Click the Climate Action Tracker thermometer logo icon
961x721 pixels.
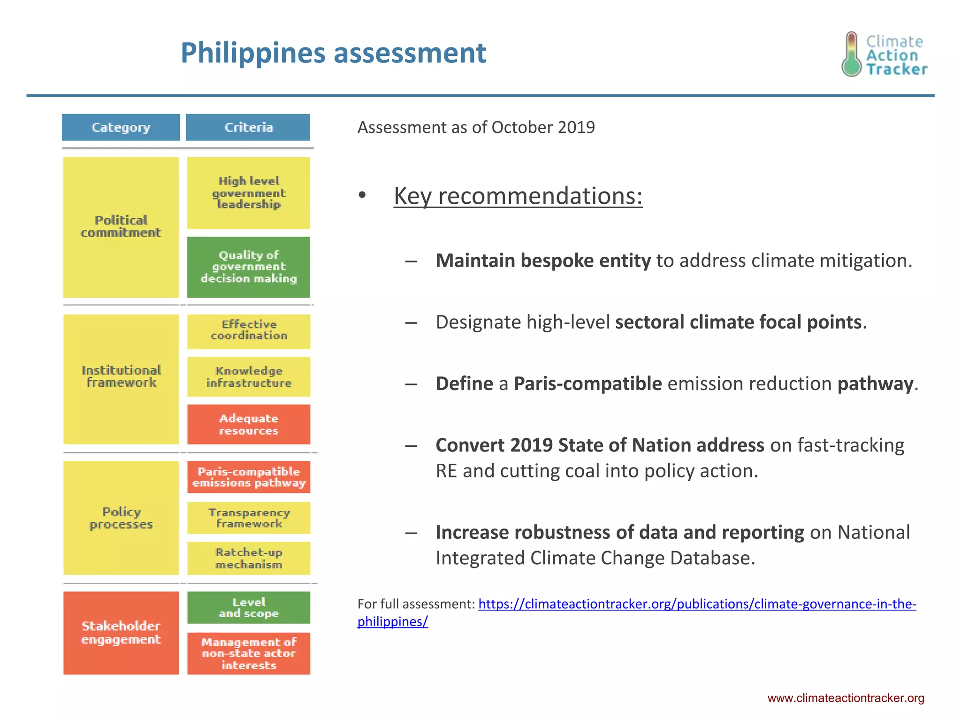tap(851, 54)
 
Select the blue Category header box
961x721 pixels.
tap(121, 127)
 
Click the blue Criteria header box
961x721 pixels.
tap(248, 127)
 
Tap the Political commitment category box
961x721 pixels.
tap(121, 227)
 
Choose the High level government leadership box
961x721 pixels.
tap(248, 193)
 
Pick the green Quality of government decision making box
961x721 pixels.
tap(248, 267)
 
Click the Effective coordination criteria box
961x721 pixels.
tap(248, 330)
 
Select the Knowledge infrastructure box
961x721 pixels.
tap(248, 376)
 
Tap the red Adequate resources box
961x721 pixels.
tap(248, 424)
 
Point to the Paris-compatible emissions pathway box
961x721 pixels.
tap(248, 477)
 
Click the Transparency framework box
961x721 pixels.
tap(248, 518)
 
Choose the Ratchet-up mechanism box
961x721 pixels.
tap(248, 558)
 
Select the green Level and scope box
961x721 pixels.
tap(248, 607)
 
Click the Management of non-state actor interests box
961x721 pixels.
tap(248, 653)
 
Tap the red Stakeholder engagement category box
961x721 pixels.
tap(121, 632)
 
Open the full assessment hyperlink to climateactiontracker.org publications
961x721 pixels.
tap(696, 604)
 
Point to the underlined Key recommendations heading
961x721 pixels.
tap(518, 196)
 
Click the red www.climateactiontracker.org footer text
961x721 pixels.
tap(846, 698)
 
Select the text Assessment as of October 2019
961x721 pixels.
tap(476, 127)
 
